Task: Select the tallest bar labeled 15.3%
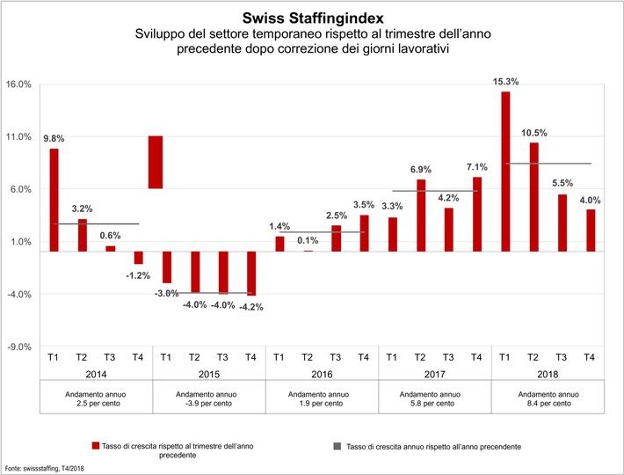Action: click(x=505, y=171)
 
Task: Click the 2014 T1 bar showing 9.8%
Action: click(x=54, y=200)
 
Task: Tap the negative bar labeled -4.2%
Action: click(x=251, y=273)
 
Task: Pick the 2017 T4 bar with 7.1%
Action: click(x=477, y=214)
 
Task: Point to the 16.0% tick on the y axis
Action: click(x=19, y=84)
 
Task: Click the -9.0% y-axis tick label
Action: click(x=19, y=347)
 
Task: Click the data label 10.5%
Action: click(x=533, y=133)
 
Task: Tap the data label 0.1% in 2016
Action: click(x=307, y=241)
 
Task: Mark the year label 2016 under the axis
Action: click(x=322, y=373)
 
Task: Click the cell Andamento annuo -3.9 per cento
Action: click(x=209, y=399)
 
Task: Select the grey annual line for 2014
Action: click(x=96, y=224)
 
